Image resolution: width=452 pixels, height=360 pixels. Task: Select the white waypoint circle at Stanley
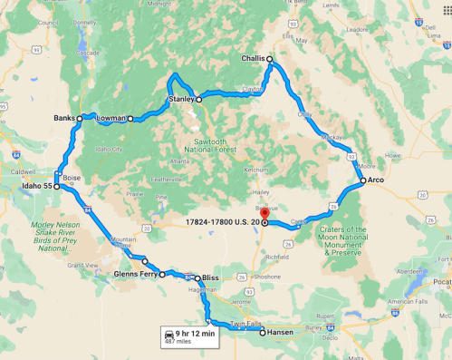pos(199,100)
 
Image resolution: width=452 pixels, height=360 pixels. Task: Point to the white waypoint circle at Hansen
pos(263,333)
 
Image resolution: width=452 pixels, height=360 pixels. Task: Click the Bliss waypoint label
pos(210,277)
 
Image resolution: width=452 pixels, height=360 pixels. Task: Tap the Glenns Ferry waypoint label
pos(137,273)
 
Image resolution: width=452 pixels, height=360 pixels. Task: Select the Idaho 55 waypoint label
pos(31,186)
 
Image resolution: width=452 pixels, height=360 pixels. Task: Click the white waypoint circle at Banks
pos(79,118)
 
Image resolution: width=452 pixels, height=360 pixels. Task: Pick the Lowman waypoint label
pos(111,118)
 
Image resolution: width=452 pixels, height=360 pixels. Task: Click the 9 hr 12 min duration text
pos(196,333)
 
